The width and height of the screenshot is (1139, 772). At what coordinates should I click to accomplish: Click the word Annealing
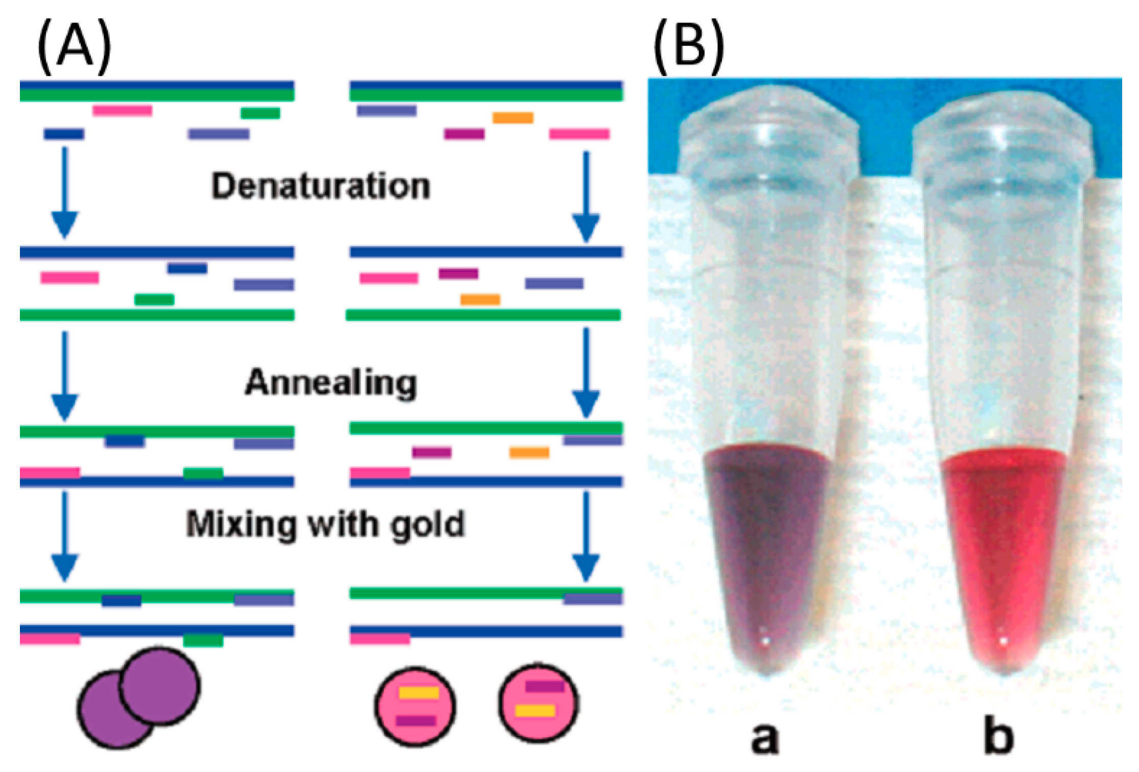331,382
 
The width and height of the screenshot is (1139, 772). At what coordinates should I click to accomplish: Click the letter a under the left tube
765,738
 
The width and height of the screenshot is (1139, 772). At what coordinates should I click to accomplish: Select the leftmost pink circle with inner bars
415,707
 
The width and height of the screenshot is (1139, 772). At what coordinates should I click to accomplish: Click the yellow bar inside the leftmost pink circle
419,693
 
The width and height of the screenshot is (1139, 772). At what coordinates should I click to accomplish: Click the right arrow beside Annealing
586,373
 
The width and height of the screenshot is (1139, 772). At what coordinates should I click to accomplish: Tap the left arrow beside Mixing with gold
64,536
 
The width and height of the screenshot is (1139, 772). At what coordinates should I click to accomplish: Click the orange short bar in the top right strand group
513,118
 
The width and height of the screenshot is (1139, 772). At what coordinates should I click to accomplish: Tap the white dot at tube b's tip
1003,640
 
